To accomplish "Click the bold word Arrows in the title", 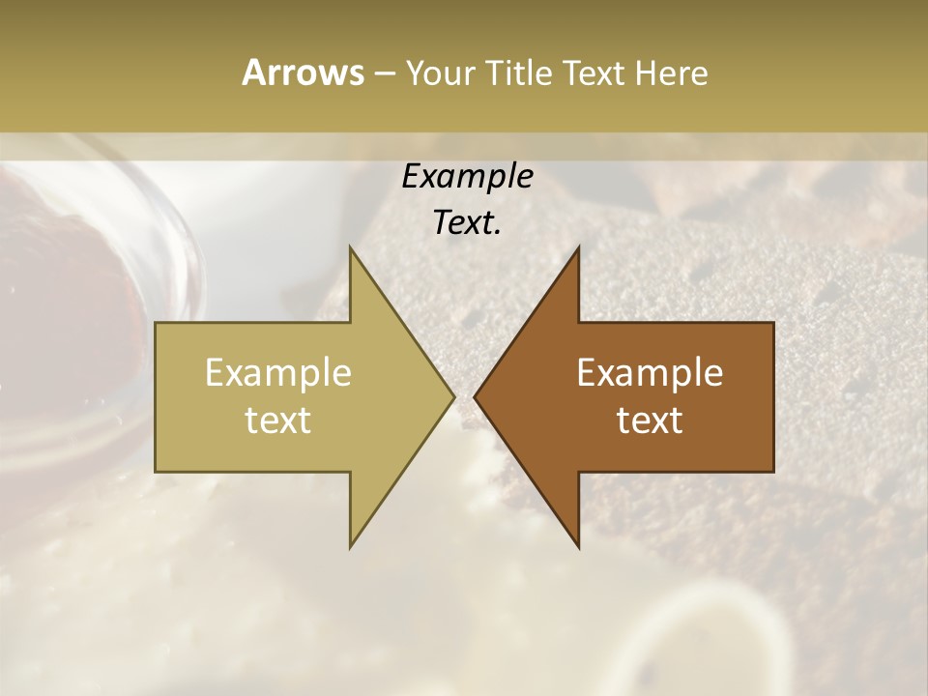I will (303, 73).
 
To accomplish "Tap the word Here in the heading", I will (671, 73).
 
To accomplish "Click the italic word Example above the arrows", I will (467, 177).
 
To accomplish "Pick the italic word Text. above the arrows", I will (467, 223).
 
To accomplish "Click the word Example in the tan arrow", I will (278, 373).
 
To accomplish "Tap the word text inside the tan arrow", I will (278, 420).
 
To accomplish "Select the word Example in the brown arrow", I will (650, 373).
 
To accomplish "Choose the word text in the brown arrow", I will (650, 420).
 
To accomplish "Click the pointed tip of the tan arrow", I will (452, 396).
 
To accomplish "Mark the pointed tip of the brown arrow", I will (476, 396).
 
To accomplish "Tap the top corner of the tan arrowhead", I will (351, 248).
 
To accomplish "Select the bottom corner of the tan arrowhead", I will (351, 546).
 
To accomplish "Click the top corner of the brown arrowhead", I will (578, 248).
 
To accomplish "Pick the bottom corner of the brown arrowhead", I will (578, 546).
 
